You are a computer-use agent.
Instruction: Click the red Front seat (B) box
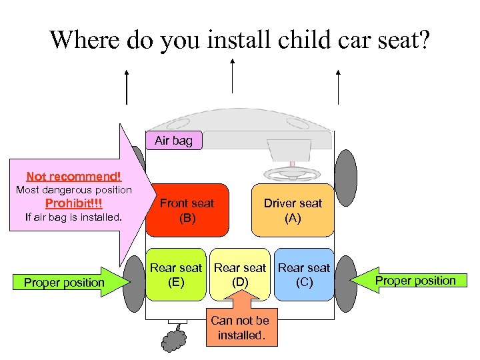pos(187,210)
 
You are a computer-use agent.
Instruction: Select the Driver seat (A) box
pos(292,210)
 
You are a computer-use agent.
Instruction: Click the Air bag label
pos(173,141)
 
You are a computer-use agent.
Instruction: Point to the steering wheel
pos(292,174)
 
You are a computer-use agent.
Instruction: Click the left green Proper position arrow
pos(67,282)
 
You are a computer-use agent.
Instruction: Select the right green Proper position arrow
pos(413,281)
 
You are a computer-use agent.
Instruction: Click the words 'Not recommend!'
pos(73,177)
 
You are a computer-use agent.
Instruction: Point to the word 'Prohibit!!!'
pos(73,203)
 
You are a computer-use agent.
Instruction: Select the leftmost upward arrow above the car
pos(127,87)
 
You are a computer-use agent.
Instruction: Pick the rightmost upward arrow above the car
pos(338,87)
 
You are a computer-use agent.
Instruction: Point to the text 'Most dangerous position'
pos(73,190)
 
